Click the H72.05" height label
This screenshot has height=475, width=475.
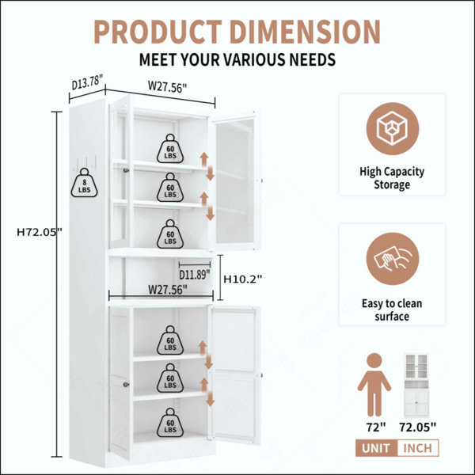[x=40, y=232]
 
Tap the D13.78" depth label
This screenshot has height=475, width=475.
[x=88, y=82]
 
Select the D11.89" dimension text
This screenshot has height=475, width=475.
[x=195, y=275]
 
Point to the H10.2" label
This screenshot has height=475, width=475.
[x=243, y=279]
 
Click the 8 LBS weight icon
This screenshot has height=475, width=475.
[x=84, y=183]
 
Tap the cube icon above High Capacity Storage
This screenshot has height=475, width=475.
[x=393, y=128]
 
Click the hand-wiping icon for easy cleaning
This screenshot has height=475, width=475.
[x=393, y=259]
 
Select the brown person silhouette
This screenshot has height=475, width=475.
[x=374, y=385]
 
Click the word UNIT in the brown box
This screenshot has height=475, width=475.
[x=376, y=448]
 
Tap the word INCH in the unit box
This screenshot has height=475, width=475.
[x=418, y=448]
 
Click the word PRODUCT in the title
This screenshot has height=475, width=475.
[x=158, y=32]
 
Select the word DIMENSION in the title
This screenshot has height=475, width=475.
[x=306, y=32]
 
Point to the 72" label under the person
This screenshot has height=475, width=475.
[x=376, y=427]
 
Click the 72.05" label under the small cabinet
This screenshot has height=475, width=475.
[x=417, y=427]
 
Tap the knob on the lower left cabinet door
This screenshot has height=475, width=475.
[x=126, y=385]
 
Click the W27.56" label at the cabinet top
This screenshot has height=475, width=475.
[x=167, y=87]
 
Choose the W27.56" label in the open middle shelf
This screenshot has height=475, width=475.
[x=167, y=290]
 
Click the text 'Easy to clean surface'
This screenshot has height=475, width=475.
[x=392, y=310]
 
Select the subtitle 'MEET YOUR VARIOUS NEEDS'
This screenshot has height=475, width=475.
[x=237, y=59]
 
